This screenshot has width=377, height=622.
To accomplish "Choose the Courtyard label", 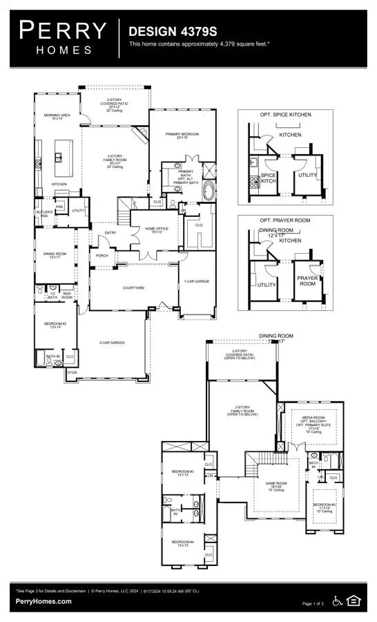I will tap(133, 288).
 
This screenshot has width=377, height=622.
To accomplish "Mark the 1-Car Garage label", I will tap(196, 281).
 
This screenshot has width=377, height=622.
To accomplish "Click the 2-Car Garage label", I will tap(112, 343).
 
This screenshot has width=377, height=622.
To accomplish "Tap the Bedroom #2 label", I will tap(55, 325).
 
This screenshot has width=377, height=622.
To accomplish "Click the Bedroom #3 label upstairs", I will tap(182, 473).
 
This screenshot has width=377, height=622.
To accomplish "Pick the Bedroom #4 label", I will tap(182, 544).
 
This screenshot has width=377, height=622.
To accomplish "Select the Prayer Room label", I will tap(307, 280).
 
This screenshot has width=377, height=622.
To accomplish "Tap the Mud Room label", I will tap(67, 295).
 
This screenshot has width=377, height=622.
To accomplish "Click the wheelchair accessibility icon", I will tap(337, 601).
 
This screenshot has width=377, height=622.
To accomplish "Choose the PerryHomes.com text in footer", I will tap(43, 601).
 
